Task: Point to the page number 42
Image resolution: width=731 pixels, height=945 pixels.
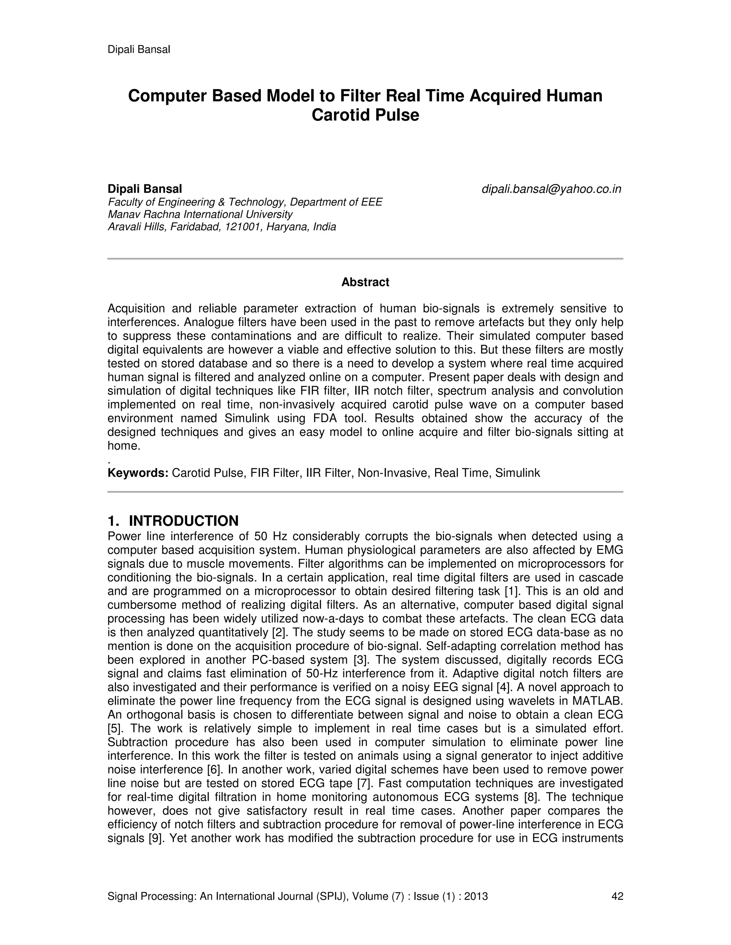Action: [617, 896]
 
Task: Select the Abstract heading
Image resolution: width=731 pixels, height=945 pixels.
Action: [365, 282]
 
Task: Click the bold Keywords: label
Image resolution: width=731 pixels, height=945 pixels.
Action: [138, 473]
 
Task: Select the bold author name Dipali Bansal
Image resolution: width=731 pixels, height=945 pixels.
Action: [145, 189]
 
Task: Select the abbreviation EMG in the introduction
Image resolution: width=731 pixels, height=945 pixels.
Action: [609, 550]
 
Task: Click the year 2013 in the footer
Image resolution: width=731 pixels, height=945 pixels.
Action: [475, 896]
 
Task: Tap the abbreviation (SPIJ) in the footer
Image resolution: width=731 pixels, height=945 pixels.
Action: [333, 896]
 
